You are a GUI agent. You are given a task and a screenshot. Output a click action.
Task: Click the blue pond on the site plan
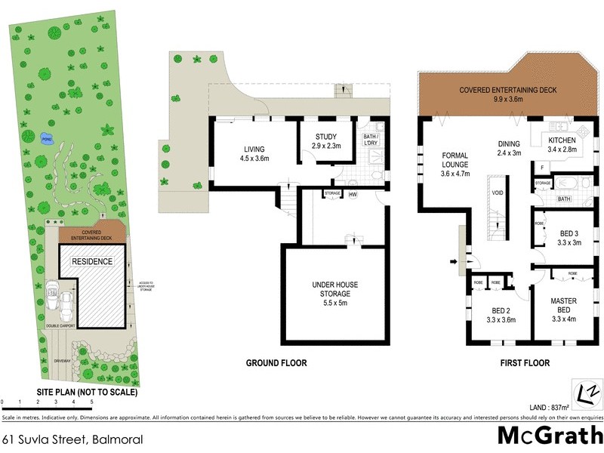point(47,139)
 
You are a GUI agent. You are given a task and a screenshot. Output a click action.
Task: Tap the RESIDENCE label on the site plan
point(92,261)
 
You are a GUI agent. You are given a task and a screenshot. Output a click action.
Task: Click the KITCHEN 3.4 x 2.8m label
point(562,145)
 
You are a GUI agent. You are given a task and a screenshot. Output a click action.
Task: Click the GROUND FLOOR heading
point(276,363)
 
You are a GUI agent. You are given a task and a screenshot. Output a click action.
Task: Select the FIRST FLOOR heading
point(525,363)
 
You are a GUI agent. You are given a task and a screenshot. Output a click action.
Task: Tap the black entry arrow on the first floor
point(453,263)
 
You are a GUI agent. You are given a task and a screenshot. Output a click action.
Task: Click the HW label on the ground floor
point(353,194)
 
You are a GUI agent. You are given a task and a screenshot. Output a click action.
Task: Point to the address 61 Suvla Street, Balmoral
point(72,439)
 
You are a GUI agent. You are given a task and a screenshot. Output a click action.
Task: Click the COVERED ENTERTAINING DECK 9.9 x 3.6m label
point(507,94)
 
